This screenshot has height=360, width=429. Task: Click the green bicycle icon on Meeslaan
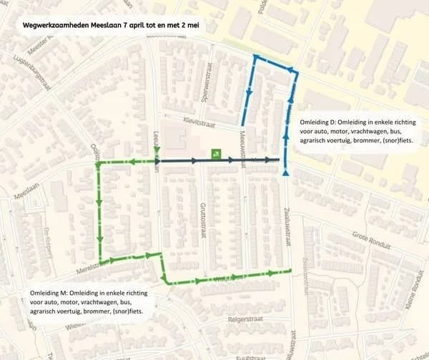coord(215,153)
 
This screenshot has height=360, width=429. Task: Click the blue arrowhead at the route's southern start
coord(286,172)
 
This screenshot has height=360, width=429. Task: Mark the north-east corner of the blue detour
coord(295,71)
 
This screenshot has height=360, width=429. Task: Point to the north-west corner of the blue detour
coord(254,56)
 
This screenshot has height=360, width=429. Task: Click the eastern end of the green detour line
coord(292,270)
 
